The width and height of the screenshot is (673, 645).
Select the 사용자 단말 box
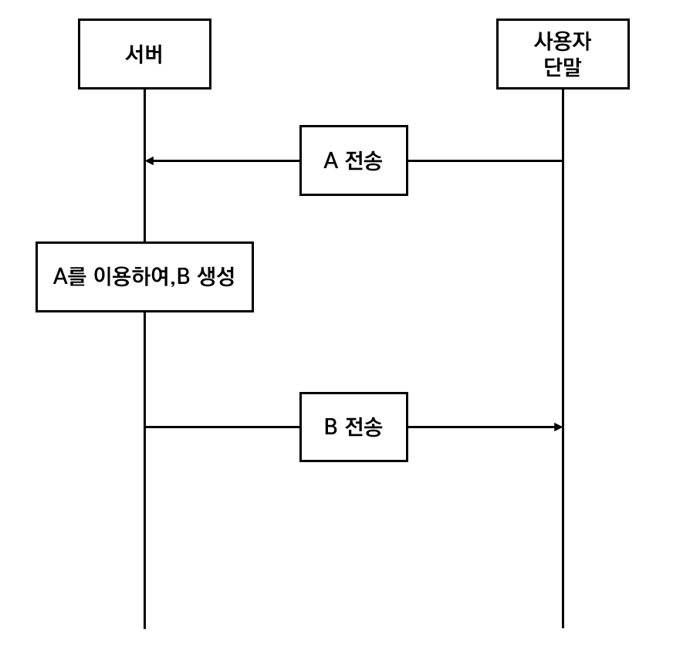pos(562,54)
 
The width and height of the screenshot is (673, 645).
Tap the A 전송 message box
pos(353,160)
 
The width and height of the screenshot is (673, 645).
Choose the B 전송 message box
pos(353,427)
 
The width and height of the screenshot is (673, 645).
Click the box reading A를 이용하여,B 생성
pos(144,277)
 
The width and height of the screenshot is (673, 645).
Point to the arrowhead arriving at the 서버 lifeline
pos(150,160)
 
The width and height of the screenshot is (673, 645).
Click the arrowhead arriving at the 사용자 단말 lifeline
pos(557,427)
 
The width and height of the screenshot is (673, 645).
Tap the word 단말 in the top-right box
pos(563,67)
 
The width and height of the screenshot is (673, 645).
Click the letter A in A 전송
pos(330,160)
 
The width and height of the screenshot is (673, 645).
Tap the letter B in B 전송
pos(330,427)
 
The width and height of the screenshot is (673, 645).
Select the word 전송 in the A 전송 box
pos(364,160)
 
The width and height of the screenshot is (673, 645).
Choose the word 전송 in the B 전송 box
pos(364,427)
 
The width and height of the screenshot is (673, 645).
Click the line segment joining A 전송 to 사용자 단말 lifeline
pos(485,160)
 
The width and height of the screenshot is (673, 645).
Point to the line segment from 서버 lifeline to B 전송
pos(222,427)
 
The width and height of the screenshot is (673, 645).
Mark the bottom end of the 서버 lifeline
pos(144,626)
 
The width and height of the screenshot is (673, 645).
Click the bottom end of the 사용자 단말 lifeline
pos(563,626)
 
